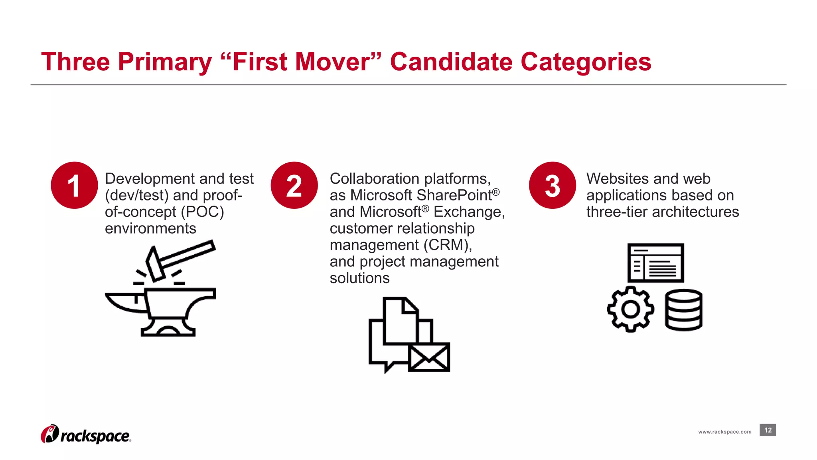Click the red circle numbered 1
[74, 185]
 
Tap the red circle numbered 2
[294, 185]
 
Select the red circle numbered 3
[553, 185]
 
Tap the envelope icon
[429, 357]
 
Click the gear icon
[630, 309]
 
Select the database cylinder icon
[683, 310]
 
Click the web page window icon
[655, 263]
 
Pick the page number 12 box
[768, 430]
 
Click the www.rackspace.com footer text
[724, 432]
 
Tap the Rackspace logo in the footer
[86, 434]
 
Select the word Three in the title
[75, 62]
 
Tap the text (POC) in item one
[202, 212]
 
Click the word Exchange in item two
[469, 212]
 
